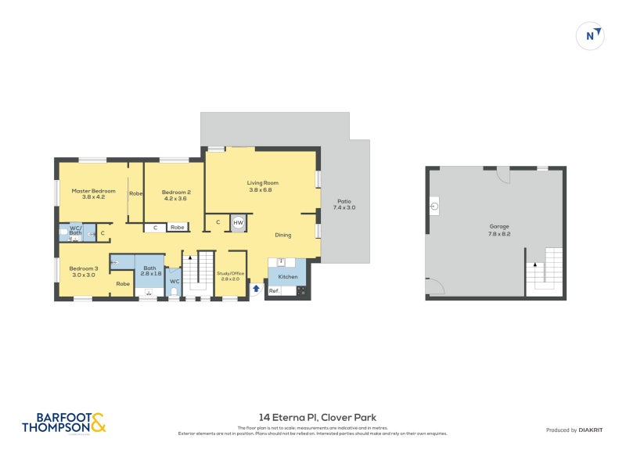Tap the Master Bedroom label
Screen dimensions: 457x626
(x=93, y=194)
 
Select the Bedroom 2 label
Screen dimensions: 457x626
(x=176, y=195)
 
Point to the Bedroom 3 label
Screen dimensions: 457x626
(x=84, y=271)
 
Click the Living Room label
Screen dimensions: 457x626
(x=263, y=186)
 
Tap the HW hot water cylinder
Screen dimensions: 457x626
(x=238, y=223)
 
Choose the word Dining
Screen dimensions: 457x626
(x=283, y=235)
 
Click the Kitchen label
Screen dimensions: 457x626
(x=288, y=277)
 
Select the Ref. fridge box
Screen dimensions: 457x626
(x=274, y=291)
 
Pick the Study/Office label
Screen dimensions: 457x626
(x=230, y=275)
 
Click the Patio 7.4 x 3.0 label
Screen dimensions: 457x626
(x=344, y=204)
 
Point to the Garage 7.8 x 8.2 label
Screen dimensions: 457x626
(x=499, y=230)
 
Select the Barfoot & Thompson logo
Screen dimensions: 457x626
(x=63, y=423)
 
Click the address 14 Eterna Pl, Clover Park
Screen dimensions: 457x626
(x=317, y=417)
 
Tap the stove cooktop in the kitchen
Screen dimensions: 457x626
(x=301, y=291)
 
